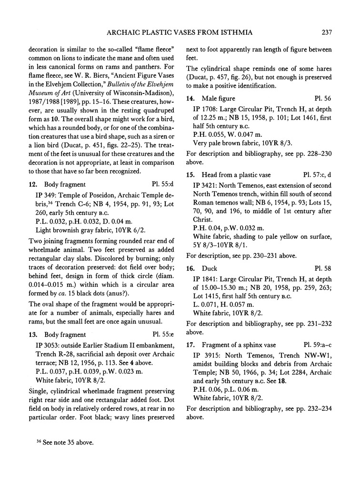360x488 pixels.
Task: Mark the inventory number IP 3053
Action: (x=50, y=345)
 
